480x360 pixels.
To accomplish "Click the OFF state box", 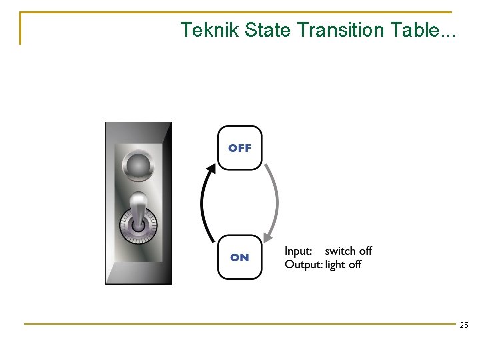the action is point(240,148).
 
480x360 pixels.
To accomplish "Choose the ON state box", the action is point(240,257).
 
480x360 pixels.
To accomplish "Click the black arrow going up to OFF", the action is point(204,203).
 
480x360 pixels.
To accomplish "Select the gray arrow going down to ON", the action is point(275,200).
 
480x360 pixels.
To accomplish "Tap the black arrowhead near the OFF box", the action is point(212,167).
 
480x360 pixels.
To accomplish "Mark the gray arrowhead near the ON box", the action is point(268,235).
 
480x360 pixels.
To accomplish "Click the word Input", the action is point(299,251).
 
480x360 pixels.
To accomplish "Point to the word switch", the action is point(341,251).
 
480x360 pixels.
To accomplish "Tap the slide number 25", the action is point(464,325).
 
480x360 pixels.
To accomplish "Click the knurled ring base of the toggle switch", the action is point(138,228).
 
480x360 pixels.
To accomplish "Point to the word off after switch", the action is point(365,251).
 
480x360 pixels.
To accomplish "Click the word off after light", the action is point(355,265).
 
